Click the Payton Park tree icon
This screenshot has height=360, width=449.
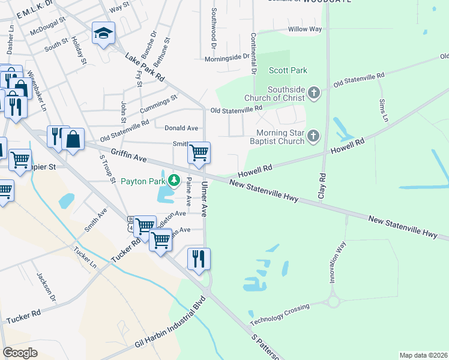(x=174, y=180)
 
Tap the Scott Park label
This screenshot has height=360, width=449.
(x=288, y=71)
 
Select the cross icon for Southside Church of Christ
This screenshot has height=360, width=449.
(x=313, y=92)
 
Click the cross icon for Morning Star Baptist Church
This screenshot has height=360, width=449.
(x=312, y=137)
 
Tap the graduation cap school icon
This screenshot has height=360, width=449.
(x=103, y=34)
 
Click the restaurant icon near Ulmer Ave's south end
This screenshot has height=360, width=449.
(x=199, y=259)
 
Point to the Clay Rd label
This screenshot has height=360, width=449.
(x=322, y=187)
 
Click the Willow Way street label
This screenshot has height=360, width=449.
(x=305, y=29)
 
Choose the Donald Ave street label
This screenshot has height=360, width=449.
(x=181, y=128)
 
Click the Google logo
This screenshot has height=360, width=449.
(x=20, y=353)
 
